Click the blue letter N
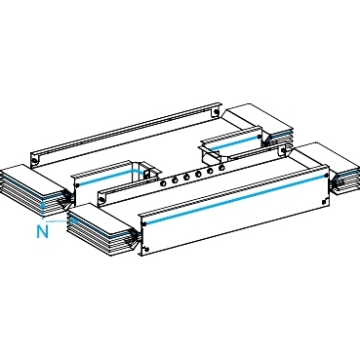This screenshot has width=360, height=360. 42,232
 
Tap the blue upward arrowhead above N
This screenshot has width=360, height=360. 42,206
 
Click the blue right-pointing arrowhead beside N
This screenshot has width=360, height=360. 74,220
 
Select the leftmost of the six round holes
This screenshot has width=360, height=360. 163,183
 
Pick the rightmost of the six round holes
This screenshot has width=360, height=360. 221,168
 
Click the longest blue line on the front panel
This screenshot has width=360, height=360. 235,199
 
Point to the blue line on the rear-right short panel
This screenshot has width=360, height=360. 233,143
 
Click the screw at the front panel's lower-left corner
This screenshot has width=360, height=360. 147,249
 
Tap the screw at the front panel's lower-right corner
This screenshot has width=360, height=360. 324,202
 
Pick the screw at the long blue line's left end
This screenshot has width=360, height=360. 143,223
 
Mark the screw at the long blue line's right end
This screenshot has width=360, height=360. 326,175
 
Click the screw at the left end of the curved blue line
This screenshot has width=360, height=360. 78,185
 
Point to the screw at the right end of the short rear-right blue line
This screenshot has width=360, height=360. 259,137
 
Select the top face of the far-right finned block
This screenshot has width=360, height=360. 327,157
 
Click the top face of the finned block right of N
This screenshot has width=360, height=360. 100,220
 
